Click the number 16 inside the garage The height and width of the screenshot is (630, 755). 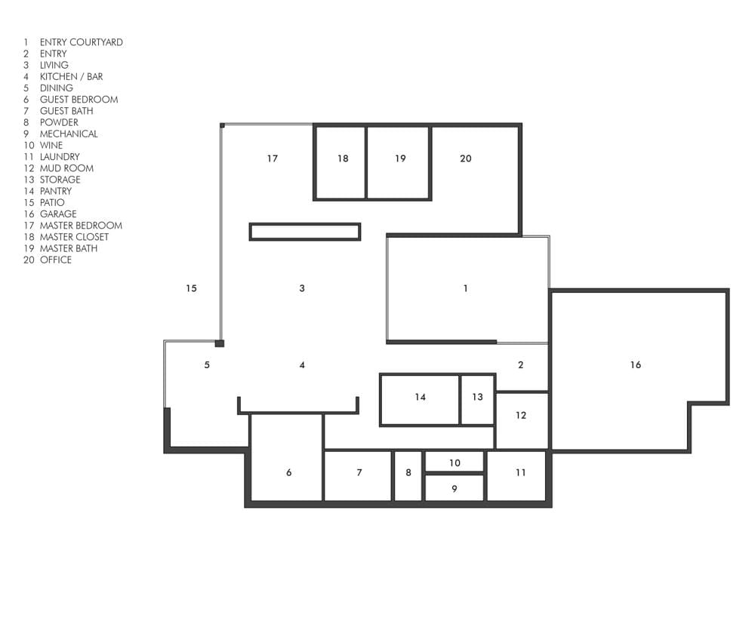tap(636, 365)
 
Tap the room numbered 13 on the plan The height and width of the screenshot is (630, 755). tap(477, 399)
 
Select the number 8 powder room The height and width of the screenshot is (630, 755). tap(408, 475)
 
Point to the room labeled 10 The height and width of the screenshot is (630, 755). tap(455, 462)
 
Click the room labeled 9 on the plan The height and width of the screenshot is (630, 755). tap(455, 488)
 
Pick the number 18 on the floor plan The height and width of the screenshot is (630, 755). tap(343, 158)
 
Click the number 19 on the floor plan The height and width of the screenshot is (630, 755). tap(401, 158)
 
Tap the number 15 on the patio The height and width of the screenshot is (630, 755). tap(191, 288)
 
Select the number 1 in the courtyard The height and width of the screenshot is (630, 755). tap(466, 288)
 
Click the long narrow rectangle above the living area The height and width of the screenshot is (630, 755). tap(305, 232)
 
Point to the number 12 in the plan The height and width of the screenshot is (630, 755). tap(521, 416)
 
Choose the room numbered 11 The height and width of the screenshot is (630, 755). tap(516, 475)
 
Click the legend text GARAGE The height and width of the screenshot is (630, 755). tap(58, 214)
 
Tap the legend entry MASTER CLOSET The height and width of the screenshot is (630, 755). tap(74, 237)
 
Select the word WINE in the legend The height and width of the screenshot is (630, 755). tap(51, 146)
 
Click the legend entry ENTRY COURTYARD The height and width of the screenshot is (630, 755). tap(82, 42)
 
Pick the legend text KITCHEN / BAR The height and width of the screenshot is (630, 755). tap(71, 76)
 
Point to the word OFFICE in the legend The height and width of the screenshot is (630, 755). tap(56, 260)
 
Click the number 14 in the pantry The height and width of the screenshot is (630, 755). tap(421, 397)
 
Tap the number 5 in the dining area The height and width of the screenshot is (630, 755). tap(207, 365)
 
